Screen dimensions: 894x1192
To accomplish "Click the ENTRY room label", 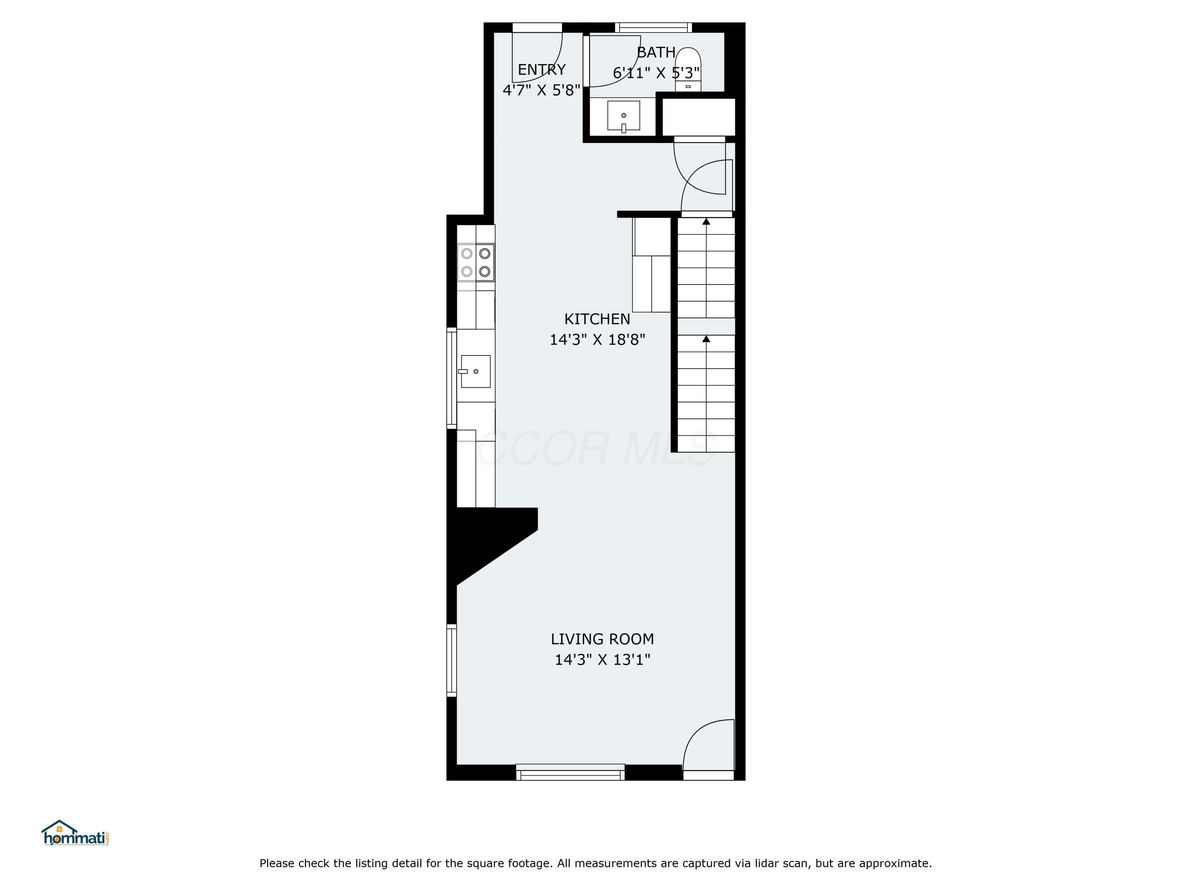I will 542,70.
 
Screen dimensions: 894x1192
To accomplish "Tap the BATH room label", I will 656,52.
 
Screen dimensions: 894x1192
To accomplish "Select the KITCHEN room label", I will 597,319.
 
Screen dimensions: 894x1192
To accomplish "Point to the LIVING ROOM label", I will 602,639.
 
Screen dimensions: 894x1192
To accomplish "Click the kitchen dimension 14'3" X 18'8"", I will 597,339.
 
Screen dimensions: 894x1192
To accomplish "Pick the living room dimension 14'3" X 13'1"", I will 602,660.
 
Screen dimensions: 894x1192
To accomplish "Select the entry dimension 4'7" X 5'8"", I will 541,90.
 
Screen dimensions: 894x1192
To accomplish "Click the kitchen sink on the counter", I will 475,371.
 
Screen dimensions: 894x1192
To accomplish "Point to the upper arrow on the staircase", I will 706,221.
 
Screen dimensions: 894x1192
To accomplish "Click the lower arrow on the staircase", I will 706,339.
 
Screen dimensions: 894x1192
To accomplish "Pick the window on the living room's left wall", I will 452,660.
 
